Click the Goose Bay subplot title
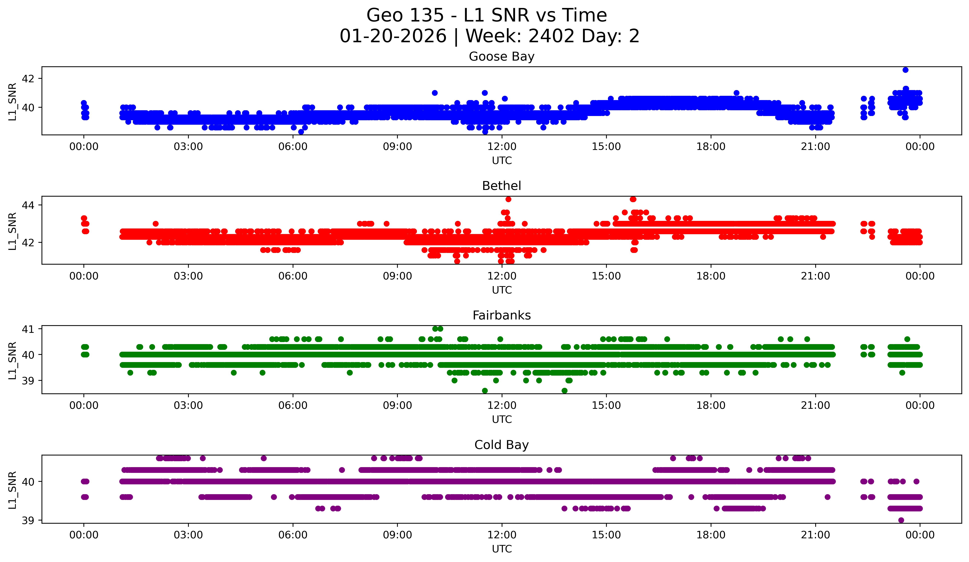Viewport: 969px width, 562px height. click(501, 57)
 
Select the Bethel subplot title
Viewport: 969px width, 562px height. click(501, 186)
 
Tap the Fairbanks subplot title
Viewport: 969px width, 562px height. click(501, 315)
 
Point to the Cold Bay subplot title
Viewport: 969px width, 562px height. click(501, 445)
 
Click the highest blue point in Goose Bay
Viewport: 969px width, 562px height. click(906, 70)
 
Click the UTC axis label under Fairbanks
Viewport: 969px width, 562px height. click(502, 420)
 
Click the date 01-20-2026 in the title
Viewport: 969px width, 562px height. click(393, 36)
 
